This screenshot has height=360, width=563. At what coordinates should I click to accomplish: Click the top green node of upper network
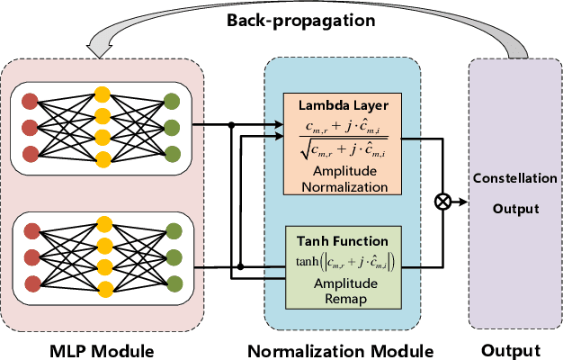[173, 101]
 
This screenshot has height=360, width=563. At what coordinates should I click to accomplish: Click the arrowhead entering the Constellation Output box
[465, 202]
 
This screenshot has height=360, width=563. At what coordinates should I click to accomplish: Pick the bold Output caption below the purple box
[514, 349]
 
